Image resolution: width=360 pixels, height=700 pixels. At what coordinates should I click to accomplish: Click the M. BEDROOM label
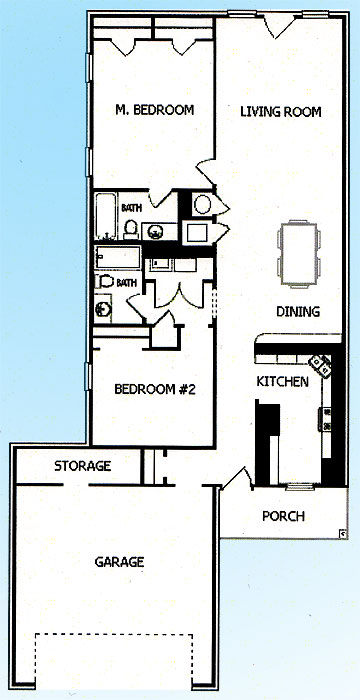tap(155, 110)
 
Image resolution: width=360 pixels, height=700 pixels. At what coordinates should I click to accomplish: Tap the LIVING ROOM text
tap(281, 111)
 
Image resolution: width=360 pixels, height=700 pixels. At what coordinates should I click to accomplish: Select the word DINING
tap(298, 311)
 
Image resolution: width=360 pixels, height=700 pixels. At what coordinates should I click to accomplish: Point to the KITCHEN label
tap(282, 382)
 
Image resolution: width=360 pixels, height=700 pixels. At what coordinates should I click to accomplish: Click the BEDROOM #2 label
tap(155, 389)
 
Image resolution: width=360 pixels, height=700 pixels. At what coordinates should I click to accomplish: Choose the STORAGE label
tap(83, 466)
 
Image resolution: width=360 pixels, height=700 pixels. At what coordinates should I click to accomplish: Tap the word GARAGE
tap(119, 562)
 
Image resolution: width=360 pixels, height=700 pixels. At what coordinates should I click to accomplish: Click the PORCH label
tap(283, 516)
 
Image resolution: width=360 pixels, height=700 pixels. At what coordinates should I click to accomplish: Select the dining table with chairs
tap(299, 254)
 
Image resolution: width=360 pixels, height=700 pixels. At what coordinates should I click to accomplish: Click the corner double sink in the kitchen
tap(322, 365)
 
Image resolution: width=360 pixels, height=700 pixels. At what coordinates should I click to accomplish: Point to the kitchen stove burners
tap(327, 419)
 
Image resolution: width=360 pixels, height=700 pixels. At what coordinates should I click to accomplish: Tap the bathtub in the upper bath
tap(106, 216)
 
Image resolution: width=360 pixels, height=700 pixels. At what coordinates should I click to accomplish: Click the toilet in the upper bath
tap(131, 229)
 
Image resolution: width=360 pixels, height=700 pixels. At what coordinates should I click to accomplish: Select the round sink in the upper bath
tap(155, 232)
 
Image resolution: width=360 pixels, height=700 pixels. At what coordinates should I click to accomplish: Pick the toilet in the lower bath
tap(105, 281)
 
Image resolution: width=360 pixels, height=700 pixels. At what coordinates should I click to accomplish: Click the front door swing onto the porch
tap(236, 479)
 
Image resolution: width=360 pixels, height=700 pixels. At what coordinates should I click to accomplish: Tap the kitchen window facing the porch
tap(299, 487)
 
